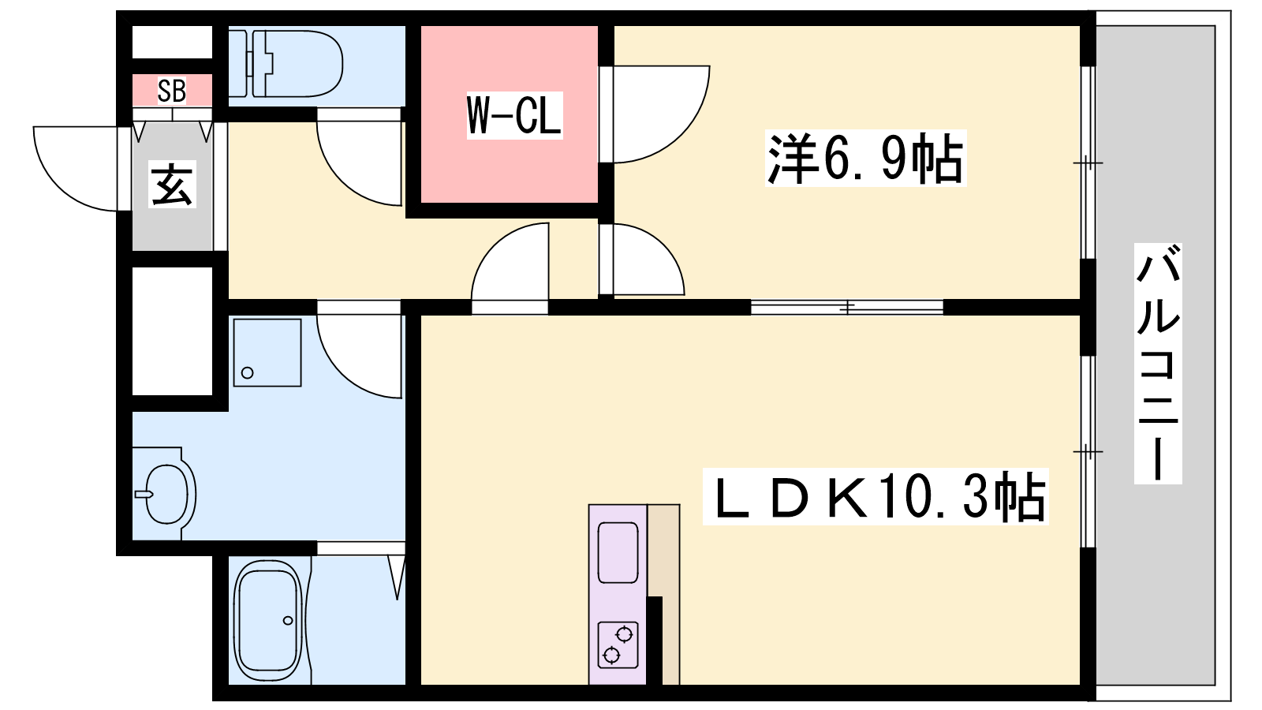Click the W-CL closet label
[514, 115]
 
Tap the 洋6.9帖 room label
[865, 159]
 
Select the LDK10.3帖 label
[876, 498]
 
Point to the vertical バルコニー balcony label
[1158, 363]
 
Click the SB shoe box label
[172, 91]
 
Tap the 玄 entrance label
[172, 185]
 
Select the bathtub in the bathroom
[269, 620]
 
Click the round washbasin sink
[167, 495]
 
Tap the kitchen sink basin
[618, 552]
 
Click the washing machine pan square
[267, 353]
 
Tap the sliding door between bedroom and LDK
[846, 307]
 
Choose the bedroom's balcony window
[1087, 163]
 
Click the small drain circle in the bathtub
[288, 621]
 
